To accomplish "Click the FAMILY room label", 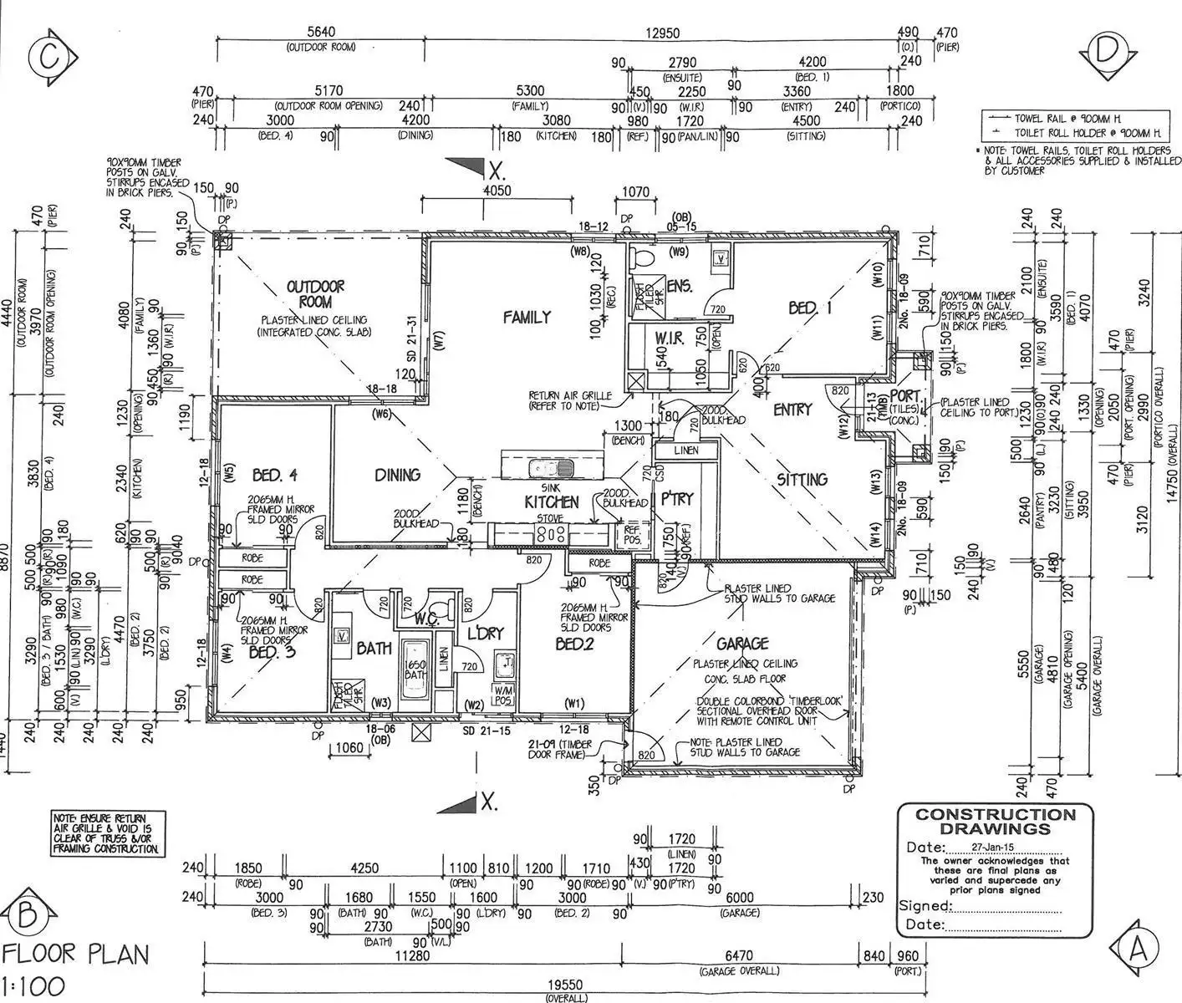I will [x=527, y=317].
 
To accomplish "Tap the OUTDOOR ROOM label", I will [x=315, y=294].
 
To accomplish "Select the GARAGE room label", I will [x=741, y=644].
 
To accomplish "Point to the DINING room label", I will [x=397, y=475].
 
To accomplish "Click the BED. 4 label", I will [x=275, y=475].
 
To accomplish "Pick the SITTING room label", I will [x=802, y=480].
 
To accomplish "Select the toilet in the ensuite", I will [x=644, y=254].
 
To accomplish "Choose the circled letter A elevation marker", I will [x=1137, y=949].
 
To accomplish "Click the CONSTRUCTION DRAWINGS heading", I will [x=995, y=822].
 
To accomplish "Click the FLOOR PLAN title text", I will [x=76, y=954].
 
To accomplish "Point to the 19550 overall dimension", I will [x=566, y=986].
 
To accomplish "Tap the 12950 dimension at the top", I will [x=661, y=34].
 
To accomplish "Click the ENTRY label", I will [x=792, y=410].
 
